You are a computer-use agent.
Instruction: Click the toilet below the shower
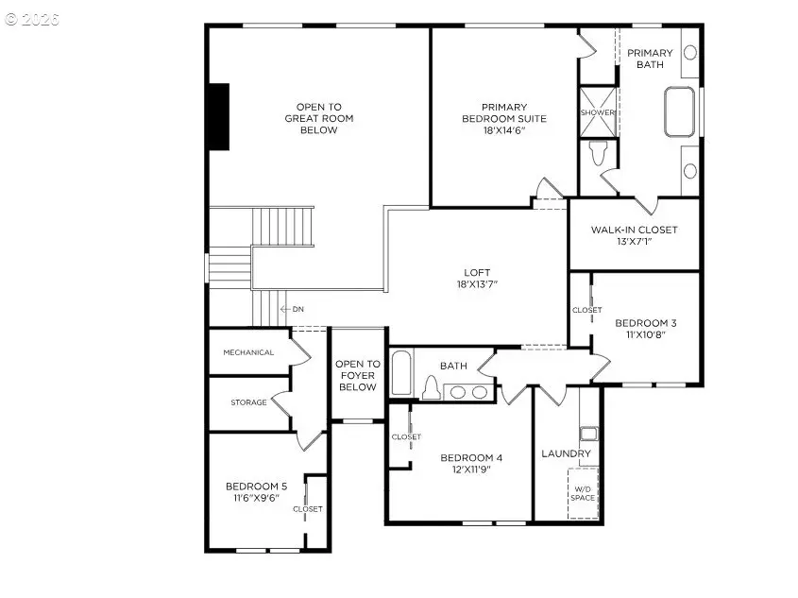(597, 153)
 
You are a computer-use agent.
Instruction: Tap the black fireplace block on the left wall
(219, 116)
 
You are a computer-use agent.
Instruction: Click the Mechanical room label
(248, 352)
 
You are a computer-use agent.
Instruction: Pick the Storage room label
(248, 402)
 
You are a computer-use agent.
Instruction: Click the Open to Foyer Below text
(358, 375)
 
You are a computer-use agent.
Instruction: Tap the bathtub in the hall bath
(401, 372)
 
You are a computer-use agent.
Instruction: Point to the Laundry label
(566, 453)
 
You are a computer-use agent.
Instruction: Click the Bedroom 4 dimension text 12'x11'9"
(471, 470)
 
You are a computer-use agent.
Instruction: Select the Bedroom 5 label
(256, 491)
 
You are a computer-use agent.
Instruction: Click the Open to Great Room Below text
(318, 118)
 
